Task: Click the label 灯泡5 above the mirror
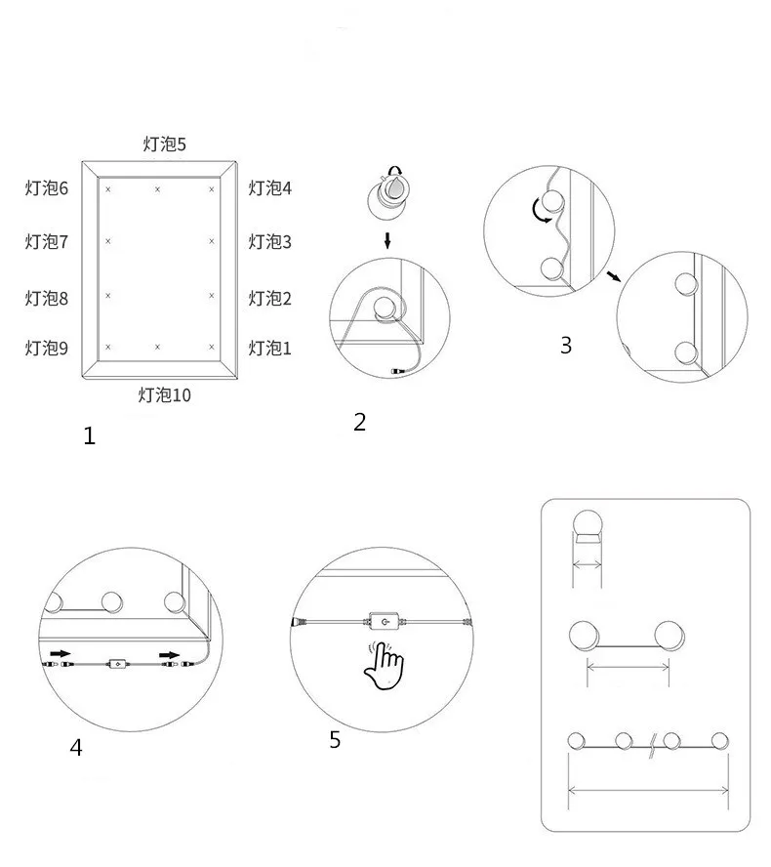click(165, 144)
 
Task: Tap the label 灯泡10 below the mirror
click(165, 395)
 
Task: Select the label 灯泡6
click(47, 188)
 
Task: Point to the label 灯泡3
click(269, 241)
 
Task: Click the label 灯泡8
click(47, 299)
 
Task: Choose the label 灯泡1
click(269, 349)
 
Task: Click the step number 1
click(90, 436)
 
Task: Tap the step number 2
click(360, 423)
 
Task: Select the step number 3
click(566, 346)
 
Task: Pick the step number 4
click(76, 748)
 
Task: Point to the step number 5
click(335, 740)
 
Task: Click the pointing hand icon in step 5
click(384, 665)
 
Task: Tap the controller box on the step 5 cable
click(385, 622)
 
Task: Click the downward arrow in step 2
click(387, 240)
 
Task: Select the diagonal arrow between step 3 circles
click(614, 276)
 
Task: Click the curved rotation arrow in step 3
click(539, 212)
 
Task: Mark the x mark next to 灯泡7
click(108, 241)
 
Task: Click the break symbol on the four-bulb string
click(652, 745)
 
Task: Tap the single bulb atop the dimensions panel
click(587, 527)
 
